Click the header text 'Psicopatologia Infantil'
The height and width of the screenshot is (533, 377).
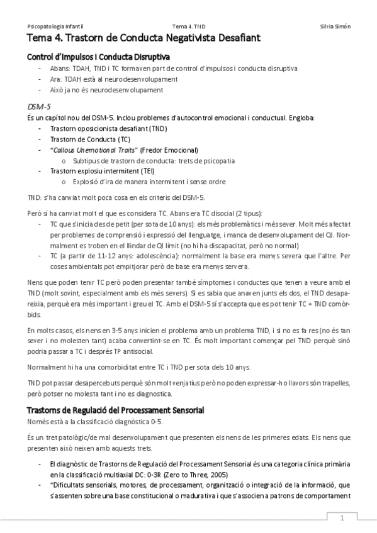[x=52, y=26]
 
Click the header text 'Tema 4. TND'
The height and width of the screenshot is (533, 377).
[x=188, y=26]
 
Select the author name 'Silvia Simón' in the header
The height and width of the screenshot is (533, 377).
[x=335, y=26]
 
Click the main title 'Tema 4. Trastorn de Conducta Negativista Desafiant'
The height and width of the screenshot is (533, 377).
[x=143, y=39]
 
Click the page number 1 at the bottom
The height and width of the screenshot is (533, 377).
[x=342, y=518]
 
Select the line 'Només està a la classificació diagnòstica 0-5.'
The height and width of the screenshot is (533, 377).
[x=94, y=421]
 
